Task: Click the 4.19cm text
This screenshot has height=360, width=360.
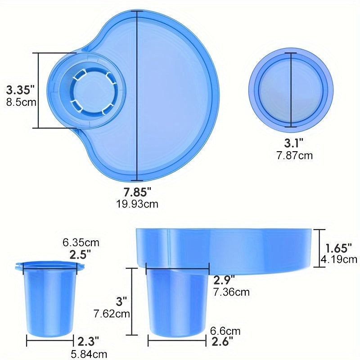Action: click(339, 259)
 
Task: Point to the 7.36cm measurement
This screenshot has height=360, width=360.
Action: click(231, 292)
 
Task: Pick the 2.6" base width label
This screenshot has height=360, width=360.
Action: click(222, 342)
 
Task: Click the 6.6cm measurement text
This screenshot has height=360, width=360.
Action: click(225, 331)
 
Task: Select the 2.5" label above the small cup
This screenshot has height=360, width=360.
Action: click(80, 254)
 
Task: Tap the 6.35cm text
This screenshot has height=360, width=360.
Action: click(81, 243)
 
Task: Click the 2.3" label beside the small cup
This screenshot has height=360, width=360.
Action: click(88, 341)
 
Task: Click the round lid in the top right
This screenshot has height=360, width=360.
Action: click(291, 89)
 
